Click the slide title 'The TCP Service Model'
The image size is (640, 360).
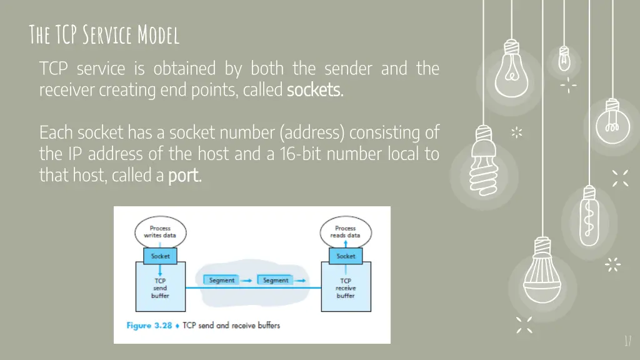104,36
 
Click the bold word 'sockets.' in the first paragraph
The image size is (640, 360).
315,91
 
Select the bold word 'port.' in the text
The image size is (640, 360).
185,176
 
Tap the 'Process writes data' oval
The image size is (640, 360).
161,232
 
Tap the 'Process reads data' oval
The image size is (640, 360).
345,232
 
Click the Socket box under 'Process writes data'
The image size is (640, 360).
161,256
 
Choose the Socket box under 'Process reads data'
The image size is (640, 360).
346,256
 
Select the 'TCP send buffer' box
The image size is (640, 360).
161,288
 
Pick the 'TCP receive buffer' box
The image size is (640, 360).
346,288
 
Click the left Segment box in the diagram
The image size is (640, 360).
222,281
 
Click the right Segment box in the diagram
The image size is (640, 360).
276,281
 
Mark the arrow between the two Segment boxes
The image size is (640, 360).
247,281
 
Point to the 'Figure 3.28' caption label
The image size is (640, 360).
148,326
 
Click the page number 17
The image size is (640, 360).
627,341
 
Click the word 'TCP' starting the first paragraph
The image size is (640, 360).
54,69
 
